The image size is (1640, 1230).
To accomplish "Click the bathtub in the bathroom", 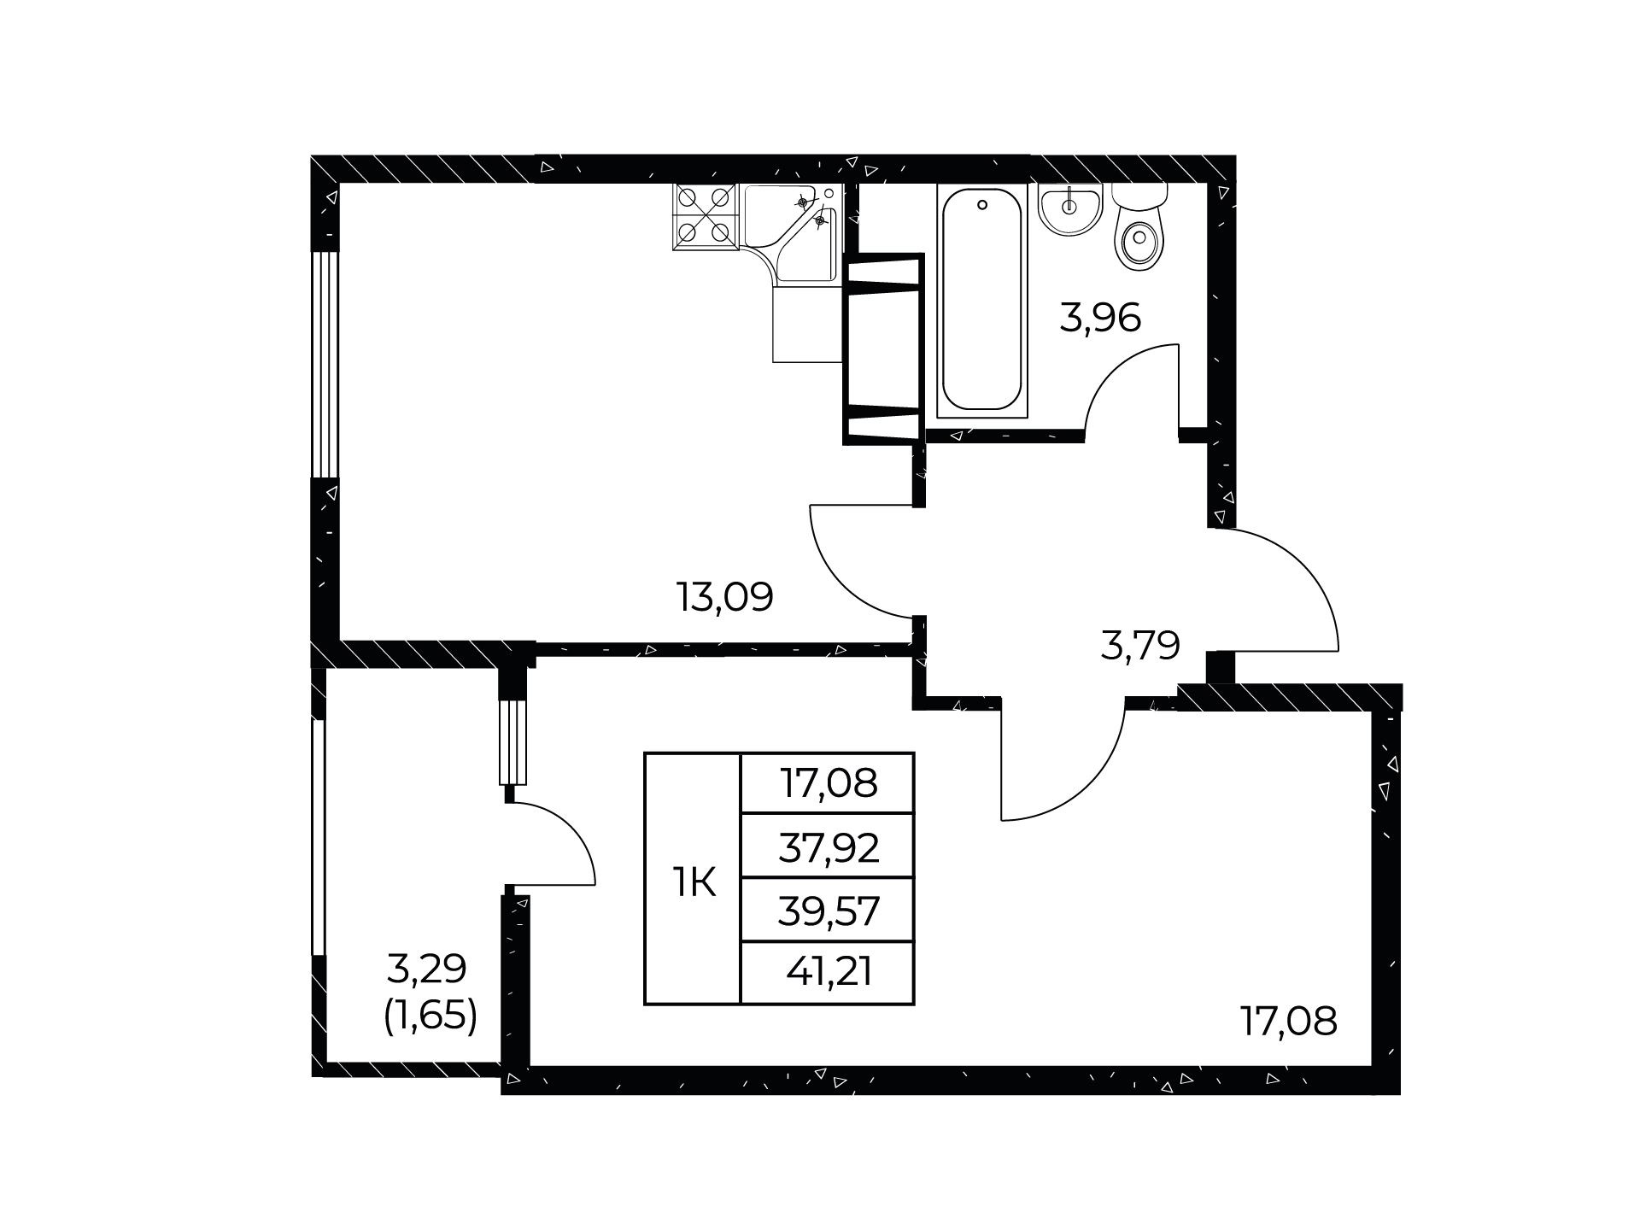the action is tap(982, 300).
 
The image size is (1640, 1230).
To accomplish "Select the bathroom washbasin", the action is tap(1070, 208).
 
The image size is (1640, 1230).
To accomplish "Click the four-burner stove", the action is tap(706, 217).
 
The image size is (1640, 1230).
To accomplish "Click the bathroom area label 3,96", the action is tap(1100, 319).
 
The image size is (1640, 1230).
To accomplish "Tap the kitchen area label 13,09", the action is tap(724, 597).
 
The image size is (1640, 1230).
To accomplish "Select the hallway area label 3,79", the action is tap(1140, 646).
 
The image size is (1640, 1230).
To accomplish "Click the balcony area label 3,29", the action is tap(426, 969).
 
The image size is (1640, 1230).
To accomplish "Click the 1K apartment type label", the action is tap(693, 883).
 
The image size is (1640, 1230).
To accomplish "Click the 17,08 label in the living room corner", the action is tap(1288, 1021).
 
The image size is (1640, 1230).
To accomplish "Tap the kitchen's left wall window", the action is tap(325, 364).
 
